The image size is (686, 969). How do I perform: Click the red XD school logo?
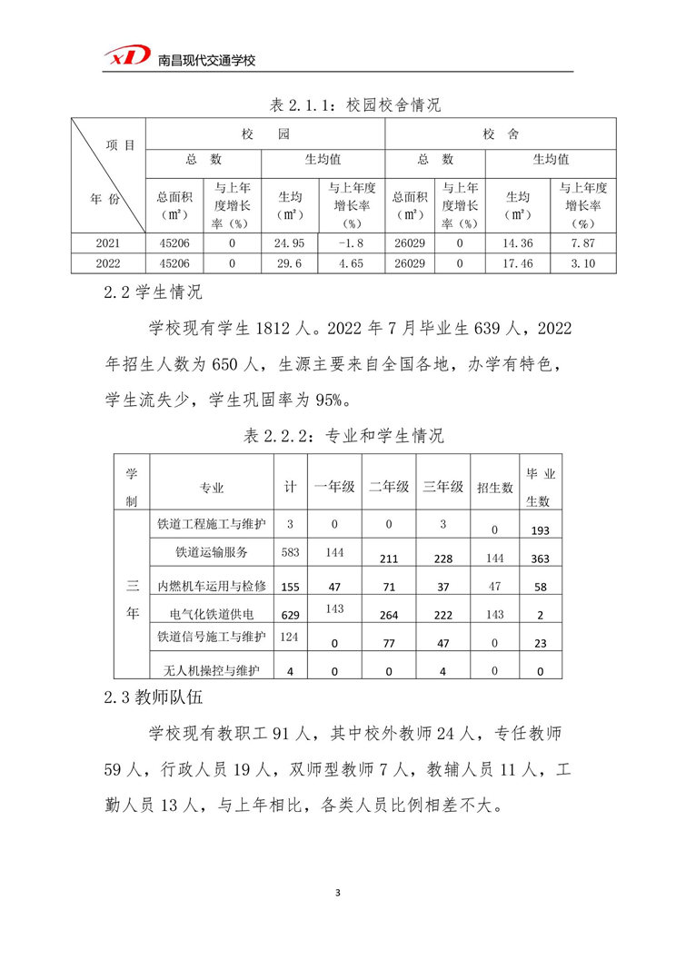tap(126, 57)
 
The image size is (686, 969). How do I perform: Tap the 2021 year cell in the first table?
tap(107, 242)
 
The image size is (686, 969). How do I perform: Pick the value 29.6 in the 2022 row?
tap(289, 263)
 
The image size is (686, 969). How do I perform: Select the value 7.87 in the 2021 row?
tap(582, 242)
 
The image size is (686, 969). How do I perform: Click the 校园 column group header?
tap(264, 134)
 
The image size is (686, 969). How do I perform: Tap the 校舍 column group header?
tap(501, 134)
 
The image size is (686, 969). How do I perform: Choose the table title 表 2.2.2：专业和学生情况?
tap(343, 436)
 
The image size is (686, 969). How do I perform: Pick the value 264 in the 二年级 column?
tap(389, 615)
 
